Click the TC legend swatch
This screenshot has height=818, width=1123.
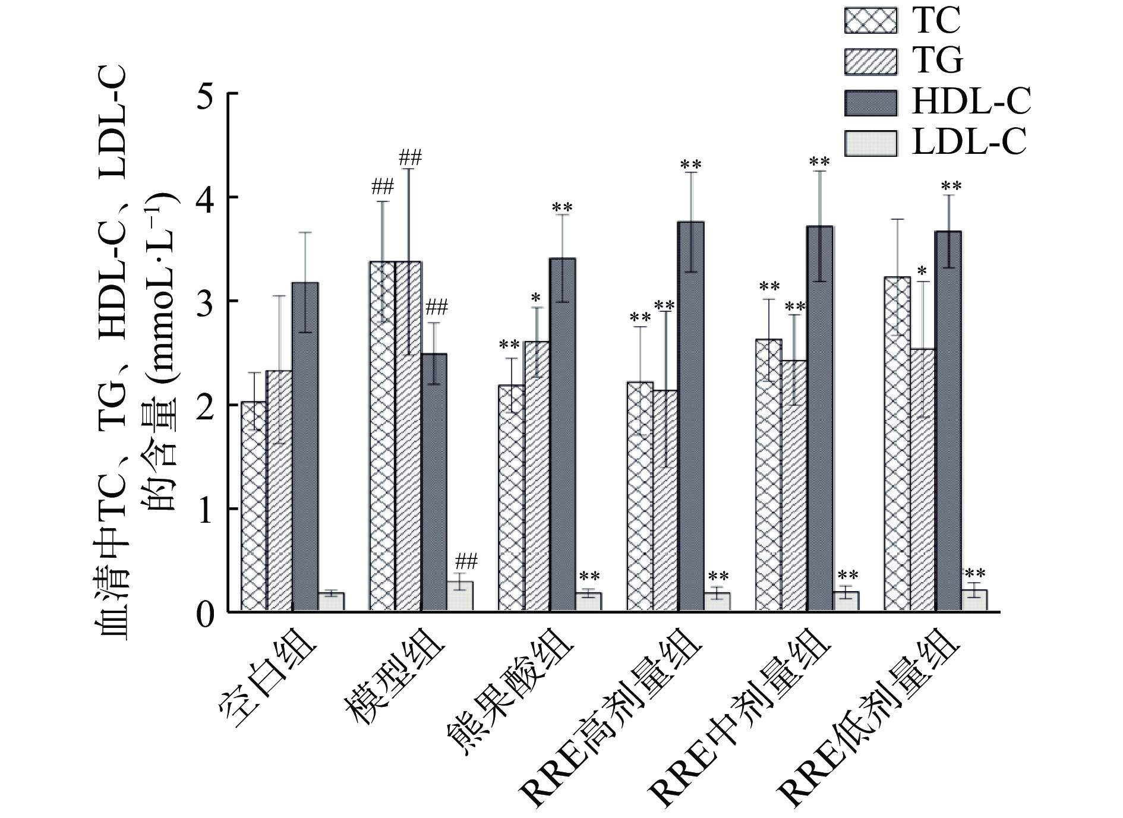coord(870,21)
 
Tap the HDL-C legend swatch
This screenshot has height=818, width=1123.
coord(870,102)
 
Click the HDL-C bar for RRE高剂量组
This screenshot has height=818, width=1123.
coord(690,416)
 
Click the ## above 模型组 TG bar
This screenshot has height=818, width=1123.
coord(410,158)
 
